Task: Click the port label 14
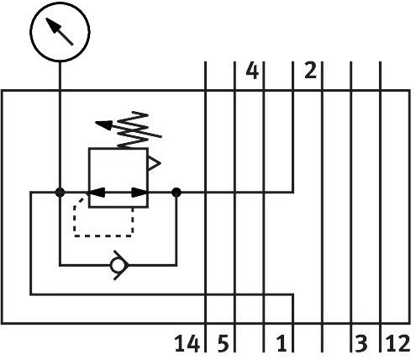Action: coord(187,343)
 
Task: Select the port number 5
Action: coord(224,343)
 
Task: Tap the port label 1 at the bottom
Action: coord(282,343)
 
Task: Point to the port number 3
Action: coord(361,343)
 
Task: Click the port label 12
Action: coord(398,343)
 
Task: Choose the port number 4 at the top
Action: coord(252,71)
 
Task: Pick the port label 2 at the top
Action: coord(310,70)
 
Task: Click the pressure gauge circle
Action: coord(60,32)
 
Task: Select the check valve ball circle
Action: coord(117,265)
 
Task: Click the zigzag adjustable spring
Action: coord(133,130)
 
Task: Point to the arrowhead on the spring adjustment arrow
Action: coord(103,124)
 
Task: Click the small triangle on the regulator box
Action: coord(155,163)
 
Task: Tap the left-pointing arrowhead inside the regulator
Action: coord(96,193)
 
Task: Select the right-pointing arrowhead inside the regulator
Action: coord(140,193)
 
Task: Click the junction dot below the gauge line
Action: coord(60,193)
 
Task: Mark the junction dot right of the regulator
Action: coord(176,193)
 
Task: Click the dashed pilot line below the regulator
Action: coord(103,236)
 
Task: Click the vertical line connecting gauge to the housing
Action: coord(60,76)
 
